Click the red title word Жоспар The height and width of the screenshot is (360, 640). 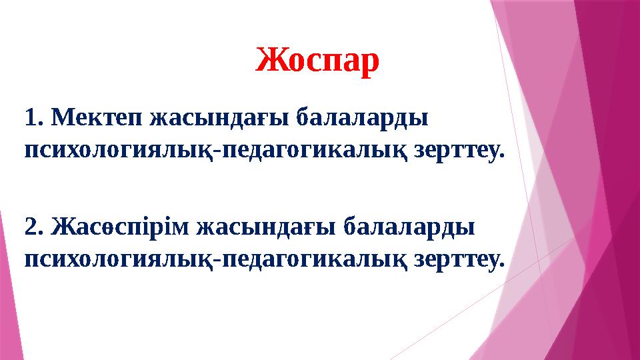pyautogui.click(x=317, y=61)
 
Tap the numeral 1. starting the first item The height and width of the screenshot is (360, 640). pyautogui.click(x=33, y=119)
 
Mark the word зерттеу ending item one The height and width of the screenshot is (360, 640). pyautogui.click(x=459, y=151)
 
